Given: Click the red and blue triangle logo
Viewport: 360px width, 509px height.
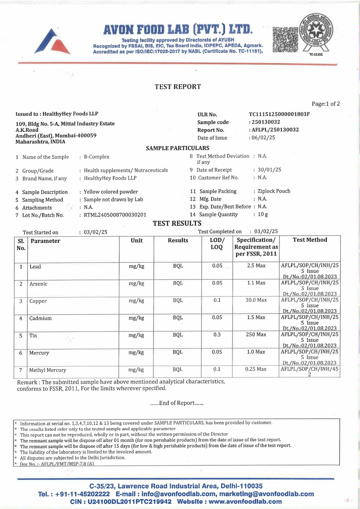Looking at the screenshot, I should click(52, 41).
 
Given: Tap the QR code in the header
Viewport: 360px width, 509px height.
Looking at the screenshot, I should click(285, 40).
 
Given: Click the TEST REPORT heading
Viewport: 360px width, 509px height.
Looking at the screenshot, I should click(178, 87).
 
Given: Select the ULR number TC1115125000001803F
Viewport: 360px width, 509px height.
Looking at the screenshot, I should click(279, 114).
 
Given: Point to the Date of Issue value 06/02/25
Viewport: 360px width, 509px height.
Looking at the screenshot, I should click(263, 138).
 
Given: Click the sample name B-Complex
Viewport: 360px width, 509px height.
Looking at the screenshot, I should click(97, 157).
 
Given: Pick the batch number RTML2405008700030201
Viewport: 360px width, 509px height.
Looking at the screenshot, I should click(115, 215).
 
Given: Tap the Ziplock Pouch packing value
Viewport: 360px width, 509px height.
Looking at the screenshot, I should click(274, 191).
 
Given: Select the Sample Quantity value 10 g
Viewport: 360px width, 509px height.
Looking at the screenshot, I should click(263, 214).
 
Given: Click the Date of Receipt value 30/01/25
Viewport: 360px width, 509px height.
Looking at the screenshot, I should click(269, 170).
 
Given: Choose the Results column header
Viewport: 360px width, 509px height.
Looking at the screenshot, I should click(178, 240).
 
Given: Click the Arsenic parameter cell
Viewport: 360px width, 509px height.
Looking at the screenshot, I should click(38, 284).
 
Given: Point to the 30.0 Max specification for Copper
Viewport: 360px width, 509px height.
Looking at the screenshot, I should click(256, 300).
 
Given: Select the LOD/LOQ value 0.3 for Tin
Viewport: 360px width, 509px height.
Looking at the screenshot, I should click(217, 335).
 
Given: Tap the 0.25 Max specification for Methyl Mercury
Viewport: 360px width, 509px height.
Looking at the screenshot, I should click(256, 369).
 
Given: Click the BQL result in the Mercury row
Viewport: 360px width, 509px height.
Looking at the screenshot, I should click(177, 352).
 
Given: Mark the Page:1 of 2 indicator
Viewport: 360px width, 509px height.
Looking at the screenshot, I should click(325, 104).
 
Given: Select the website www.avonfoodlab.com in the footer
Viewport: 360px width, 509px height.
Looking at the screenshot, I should click(245, 501).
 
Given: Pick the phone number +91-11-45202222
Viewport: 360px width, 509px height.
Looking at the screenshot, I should click(82, 494).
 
